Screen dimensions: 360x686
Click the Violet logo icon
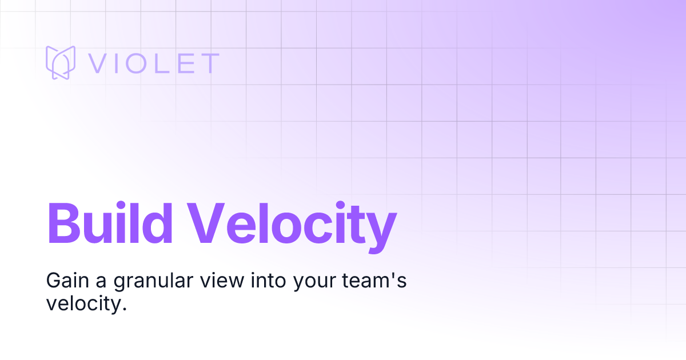[61, 62]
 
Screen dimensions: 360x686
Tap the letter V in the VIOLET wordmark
[101, 63]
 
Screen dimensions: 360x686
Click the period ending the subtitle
[122, 309]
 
